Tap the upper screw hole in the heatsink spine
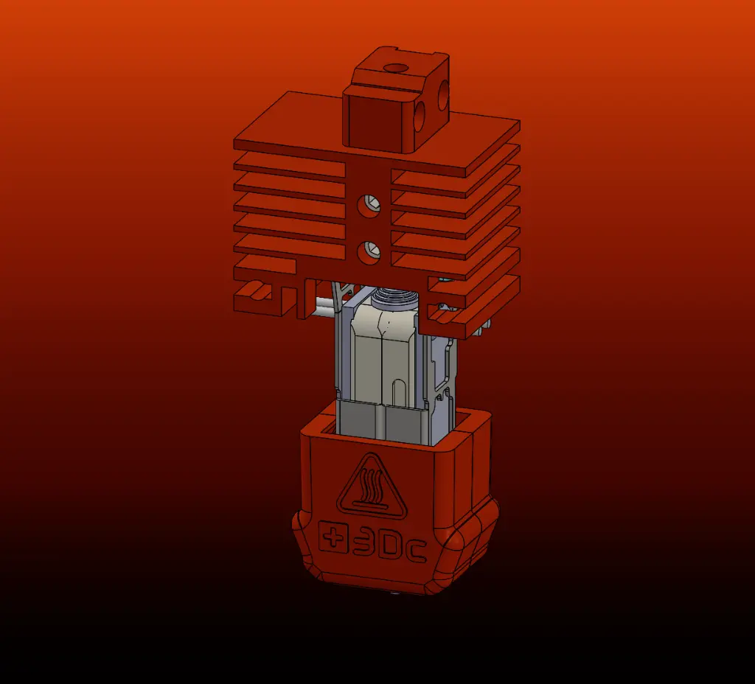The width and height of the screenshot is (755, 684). (x=367, y=205)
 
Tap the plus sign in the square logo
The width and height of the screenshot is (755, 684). (x=335, y=538)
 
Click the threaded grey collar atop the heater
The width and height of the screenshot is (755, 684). (x=394, y=299)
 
